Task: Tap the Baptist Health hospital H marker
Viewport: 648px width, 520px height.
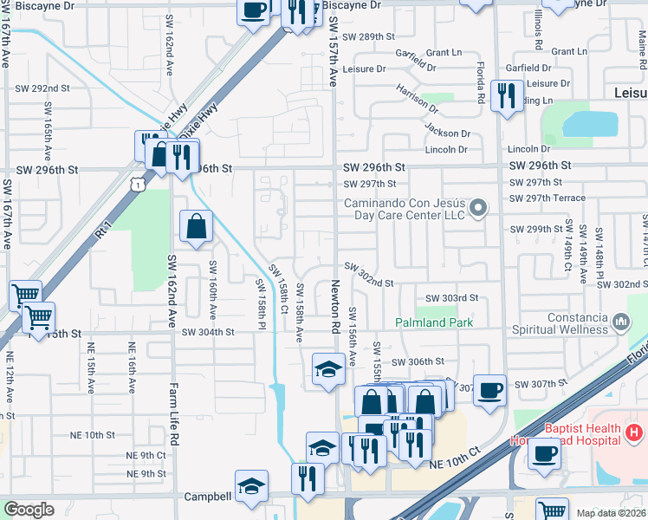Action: [635, 432]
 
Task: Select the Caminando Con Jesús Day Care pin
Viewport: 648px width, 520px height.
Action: [476, 208]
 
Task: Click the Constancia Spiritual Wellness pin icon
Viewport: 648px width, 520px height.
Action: [619, 323]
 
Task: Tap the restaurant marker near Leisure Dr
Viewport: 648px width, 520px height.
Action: [505, 94]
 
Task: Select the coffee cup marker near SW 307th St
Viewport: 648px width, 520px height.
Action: [489, 389]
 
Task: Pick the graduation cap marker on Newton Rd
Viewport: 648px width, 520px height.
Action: [328, 370]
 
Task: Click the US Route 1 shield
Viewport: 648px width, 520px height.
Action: [137, 183]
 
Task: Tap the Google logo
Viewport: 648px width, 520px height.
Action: [29, 510]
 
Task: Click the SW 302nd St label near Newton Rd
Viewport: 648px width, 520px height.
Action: [370, 283]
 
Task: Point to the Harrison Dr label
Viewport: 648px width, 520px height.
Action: [418, 99]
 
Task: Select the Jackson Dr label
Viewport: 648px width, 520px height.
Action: [447, 133]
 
